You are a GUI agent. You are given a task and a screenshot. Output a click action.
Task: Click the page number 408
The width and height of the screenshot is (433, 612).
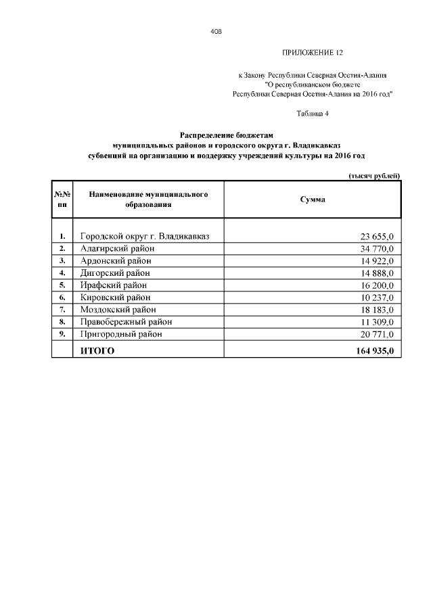click(216, 32)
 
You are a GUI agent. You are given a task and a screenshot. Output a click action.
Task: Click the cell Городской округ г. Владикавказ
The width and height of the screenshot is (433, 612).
click(145, 236)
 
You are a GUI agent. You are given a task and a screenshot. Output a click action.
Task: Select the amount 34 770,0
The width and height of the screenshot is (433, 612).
click(381, 249)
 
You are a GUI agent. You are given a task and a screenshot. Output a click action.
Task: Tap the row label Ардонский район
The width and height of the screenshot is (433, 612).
click(116, 260)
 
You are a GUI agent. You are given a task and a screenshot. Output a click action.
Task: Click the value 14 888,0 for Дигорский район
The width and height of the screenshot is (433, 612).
click(381, 273)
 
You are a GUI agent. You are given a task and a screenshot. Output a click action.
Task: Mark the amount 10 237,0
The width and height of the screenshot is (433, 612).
click(381, 298)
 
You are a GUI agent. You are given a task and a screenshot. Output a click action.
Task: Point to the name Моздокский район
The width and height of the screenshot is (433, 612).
click(118, 309)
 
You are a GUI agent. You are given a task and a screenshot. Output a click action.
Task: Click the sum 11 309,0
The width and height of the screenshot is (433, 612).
click(381, 322)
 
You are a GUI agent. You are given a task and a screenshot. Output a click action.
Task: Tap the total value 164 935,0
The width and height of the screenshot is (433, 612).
click(378, 351)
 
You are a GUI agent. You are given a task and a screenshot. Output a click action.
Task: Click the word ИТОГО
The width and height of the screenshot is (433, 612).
click(97, 351)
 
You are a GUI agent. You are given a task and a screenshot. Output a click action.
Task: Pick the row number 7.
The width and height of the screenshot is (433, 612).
click(62, 310)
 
